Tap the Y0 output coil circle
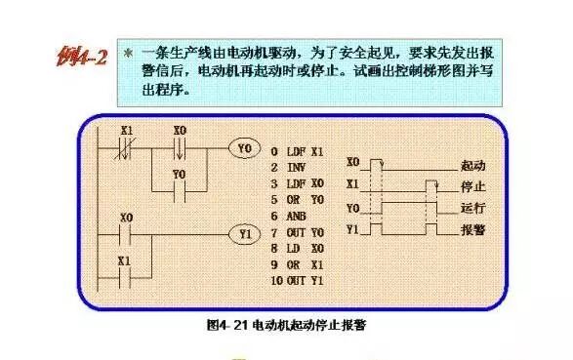coord(244,149)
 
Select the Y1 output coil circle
coord(244,234)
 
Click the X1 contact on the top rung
coord(125,149)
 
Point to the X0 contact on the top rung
coord(179,149)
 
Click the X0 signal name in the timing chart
coord(352,161)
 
